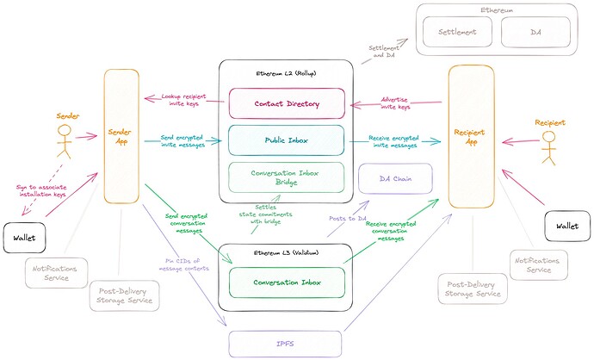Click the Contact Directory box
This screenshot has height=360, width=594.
coord(286,103)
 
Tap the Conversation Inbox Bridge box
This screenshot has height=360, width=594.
coord(286,177)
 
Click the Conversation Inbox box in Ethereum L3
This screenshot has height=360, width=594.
coord(286,282)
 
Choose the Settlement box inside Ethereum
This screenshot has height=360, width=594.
coord(461,31)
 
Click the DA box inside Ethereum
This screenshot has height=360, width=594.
coord(531,31)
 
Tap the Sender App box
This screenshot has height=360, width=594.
coord(121,138)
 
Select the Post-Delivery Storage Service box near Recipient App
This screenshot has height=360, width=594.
coord(473,289)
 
